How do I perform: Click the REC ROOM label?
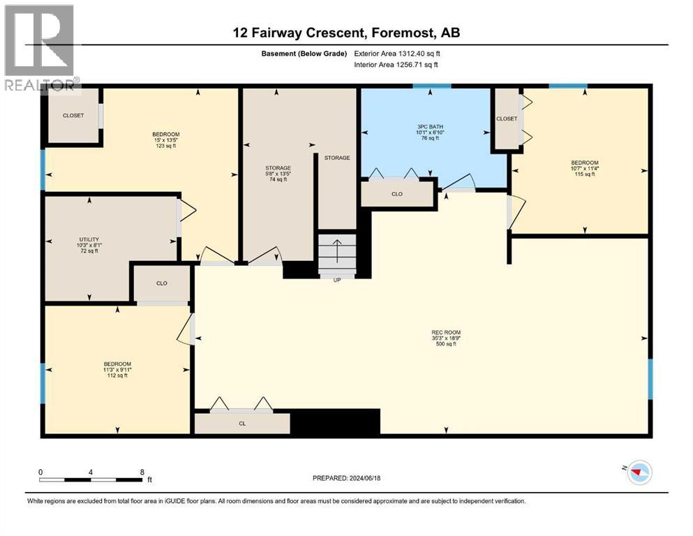[446, 338]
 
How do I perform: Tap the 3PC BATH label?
[430, 132]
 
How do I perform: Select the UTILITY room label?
[89, 245]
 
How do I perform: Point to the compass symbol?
[640, 472]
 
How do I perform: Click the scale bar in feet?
[91, 479]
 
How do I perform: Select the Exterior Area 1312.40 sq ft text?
[397, 54]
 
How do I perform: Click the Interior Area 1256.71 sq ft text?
[396, 64]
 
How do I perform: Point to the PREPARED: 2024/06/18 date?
[346, 478]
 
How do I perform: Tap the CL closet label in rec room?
[242, 424]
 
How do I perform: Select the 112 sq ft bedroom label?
[117, 370]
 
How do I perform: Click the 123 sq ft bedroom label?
[165, 140]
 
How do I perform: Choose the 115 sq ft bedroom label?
[584, 168]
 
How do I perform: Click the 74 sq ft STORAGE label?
[278, 174]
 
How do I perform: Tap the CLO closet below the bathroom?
[397, 194]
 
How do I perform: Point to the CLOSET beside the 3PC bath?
[507, 119]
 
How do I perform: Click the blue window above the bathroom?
[432, 86]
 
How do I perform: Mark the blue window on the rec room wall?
[650, 379]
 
